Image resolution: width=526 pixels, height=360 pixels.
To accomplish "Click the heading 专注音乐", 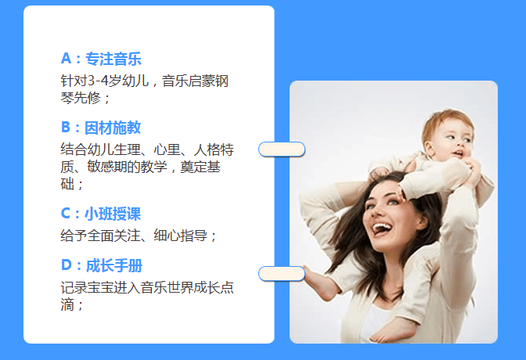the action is point(113,59).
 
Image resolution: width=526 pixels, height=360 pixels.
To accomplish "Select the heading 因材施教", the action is point(113,128).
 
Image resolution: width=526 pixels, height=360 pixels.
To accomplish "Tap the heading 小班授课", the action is point(113,214).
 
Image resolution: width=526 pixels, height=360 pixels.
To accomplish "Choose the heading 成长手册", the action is point(114,265).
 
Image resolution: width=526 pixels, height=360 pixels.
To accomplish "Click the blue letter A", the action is point(66,59).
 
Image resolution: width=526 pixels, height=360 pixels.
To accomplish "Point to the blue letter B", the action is point(66,128).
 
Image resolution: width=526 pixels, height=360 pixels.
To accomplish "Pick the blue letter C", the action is point(66,214).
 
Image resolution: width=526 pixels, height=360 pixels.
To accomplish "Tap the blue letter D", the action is point(67,265).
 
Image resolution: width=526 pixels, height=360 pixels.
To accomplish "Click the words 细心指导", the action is point(181,236).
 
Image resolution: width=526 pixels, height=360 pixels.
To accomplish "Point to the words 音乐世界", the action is point(167,287).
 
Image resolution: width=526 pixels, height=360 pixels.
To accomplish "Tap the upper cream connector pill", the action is point(282,149).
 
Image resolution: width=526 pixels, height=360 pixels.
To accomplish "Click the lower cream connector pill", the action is point(282,274).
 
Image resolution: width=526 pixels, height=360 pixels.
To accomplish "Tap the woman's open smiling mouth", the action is point(382,229).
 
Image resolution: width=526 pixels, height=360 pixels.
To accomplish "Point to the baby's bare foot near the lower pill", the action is point(319,283).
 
